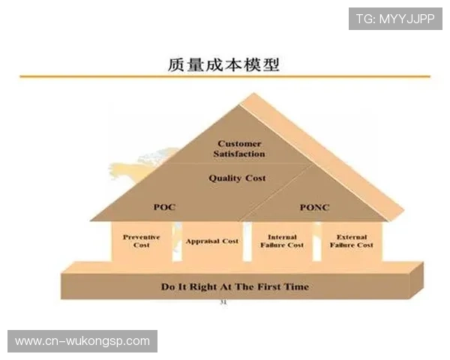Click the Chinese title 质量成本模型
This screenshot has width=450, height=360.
[x=224, y=64]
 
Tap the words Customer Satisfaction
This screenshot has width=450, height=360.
[x=239, y=148]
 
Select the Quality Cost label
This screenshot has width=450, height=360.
[x=237, y=178]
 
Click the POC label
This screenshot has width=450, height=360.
[x=163, y=207]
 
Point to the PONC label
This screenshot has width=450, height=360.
[x=313, y=207]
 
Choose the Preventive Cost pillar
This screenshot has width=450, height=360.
[x=142, y=241]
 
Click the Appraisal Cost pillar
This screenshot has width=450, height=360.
[x=211, y=241]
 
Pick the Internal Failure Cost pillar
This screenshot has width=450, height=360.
[x=282, y=241]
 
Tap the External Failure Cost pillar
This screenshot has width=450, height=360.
[x=350, y=241]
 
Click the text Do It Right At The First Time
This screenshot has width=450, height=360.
[x=235, y=286]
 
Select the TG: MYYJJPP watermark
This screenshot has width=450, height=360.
[x=395, y=18]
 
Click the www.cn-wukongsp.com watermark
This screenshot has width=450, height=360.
[x=82, y=341]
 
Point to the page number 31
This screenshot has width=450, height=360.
[x=223, y=302]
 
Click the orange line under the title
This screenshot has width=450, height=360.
[x=224, y=76]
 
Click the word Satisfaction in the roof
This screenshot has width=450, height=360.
[x=239, y=154]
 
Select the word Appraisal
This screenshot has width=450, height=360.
[x=202, y=241]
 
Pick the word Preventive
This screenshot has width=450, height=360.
[x=142, y=237]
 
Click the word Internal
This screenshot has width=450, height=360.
[x=282, y=237]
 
